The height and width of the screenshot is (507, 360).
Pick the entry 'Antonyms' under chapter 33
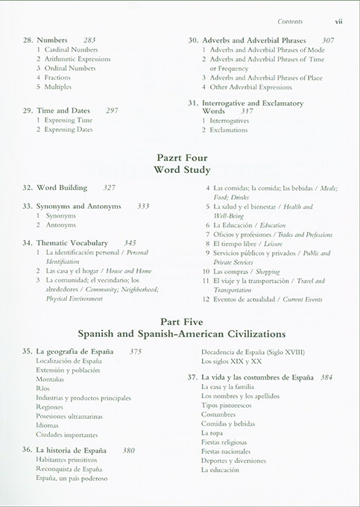click(x=60, y=224)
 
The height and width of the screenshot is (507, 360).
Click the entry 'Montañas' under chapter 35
click(x=50, y=379)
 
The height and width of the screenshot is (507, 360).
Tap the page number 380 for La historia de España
click(x=128, y=450)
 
